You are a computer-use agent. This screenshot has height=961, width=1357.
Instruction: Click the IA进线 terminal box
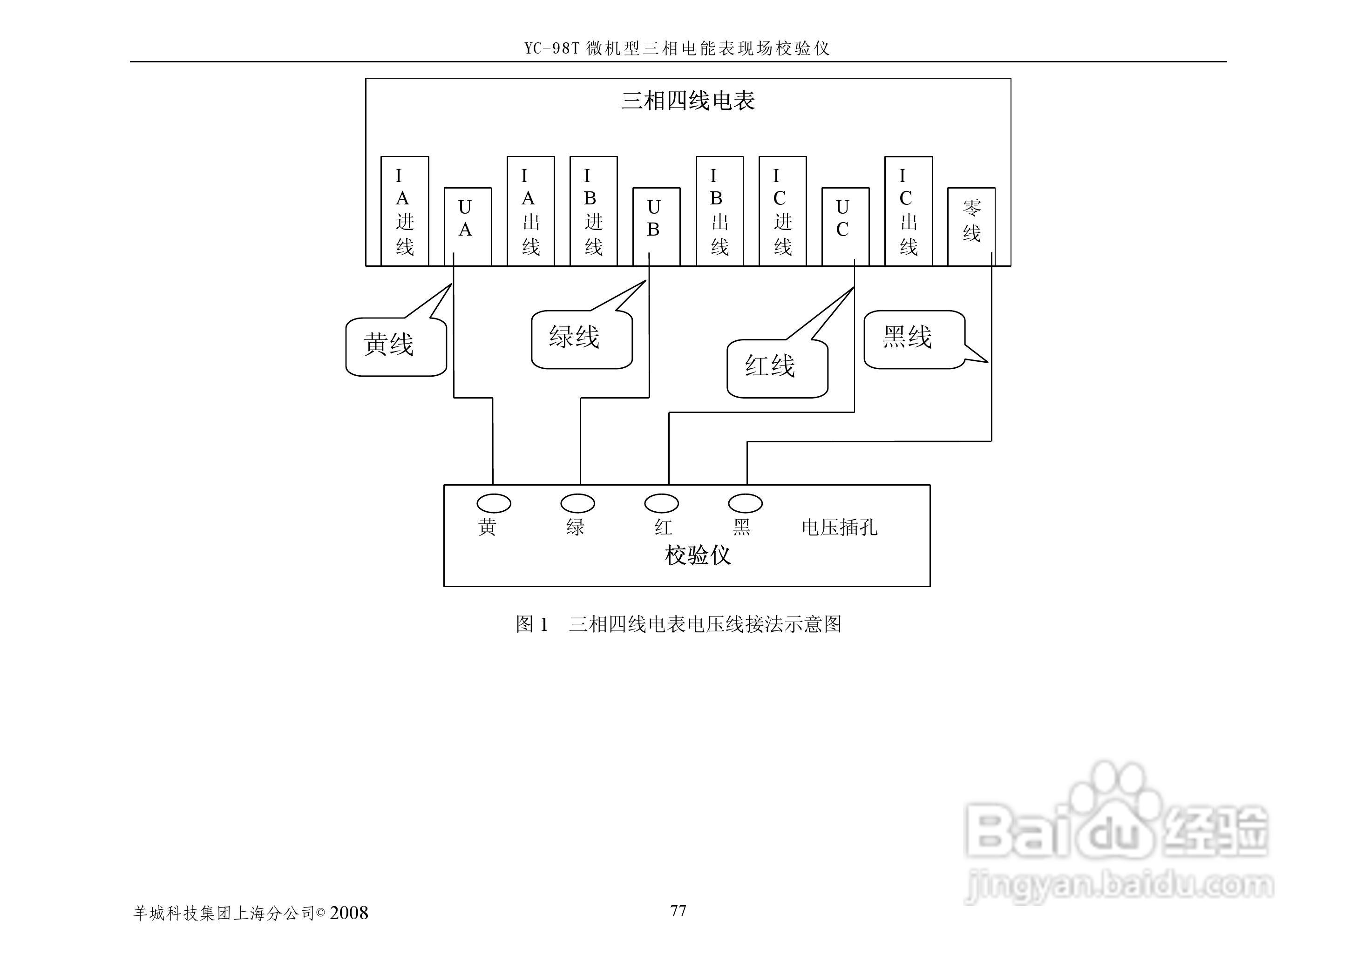point(404,211)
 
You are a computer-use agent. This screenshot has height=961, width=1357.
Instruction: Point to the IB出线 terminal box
point(719,211)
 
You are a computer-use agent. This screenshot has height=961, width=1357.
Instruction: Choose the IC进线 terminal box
point(782,211)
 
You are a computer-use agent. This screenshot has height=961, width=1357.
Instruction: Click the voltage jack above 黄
point(494,504)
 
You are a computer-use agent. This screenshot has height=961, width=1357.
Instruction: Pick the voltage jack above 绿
point(577,504)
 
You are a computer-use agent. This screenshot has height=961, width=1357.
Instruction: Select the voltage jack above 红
point(661,504)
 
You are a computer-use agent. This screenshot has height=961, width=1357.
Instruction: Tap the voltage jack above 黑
point(745,504)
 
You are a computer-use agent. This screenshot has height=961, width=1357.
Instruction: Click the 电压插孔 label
point(839,527)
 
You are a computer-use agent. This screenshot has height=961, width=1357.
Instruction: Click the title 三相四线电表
point(688,101)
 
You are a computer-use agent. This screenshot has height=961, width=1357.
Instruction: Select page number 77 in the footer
point(678,911)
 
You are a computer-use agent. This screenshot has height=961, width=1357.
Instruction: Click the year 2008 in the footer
point(349,913)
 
